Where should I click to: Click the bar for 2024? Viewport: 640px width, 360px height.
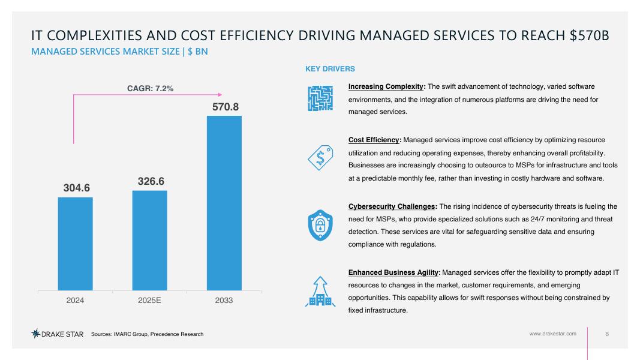pos(75,244)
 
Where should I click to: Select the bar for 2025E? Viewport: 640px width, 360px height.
pos(149,241)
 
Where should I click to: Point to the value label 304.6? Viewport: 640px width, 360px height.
pos(77,188)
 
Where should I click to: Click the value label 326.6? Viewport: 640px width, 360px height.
pos(151,181)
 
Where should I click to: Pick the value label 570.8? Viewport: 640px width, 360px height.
pos(226,107)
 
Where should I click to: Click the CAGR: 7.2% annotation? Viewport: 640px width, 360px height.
pos(150,88)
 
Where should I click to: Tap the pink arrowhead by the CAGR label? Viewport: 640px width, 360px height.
pos(220,94)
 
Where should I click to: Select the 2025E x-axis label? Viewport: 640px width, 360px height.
pos(149,299)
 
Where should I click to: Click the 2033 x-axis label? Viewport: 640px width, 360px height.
pos(224,299)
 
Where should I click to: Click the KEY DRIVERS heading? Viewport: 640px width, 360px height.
pos(330,69)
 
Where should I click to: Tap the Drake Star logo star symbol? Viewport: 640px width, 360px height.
pos(36,334)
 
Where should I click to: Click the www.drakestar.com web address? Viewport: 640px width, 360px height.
pos(552,334)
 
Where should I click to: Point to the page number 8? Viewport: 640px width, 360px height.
pos(607,334)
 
